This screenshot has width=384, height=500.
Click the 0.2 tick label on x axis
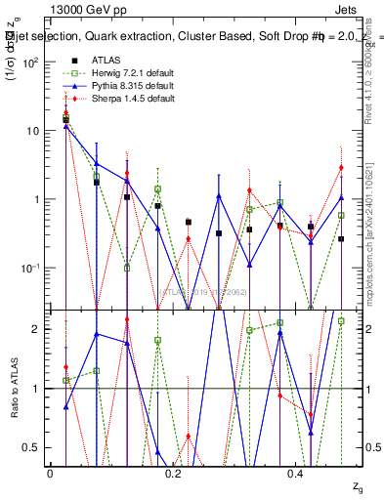[174, 473]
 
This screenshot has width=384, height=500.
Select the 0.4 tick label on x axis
[298, 473]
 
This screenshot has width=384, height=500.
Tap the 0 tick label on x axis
[50, 473]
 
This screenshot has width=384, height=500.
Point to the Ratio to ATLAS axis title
[15, 388]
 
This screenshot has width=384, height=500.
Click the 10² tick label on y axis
[30, 62]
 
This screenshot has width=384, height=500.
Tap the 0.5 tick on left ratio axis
[31, 447]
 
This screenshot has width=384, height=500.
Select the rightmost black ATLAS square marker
[341, 239]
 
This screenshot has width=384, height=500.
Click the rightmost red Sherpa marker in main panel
[341, 167]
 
